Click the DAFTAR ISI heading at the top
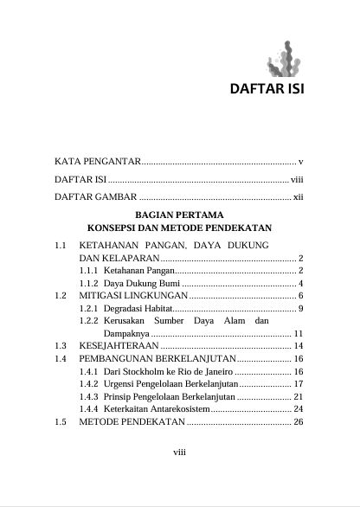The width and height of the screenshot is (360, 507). (266, 89)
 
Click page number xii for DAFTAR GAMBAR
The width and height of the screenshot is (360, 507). (296, 197)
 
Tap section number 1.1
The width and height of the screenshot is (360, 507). (61, 246)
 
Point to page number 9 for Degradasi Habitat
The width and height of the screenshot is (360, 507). (299, 307)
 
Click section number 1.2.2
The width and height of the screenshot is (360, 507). (88, 320)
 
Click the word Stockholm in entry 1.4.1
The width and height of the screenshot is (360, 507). (152, 369)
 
